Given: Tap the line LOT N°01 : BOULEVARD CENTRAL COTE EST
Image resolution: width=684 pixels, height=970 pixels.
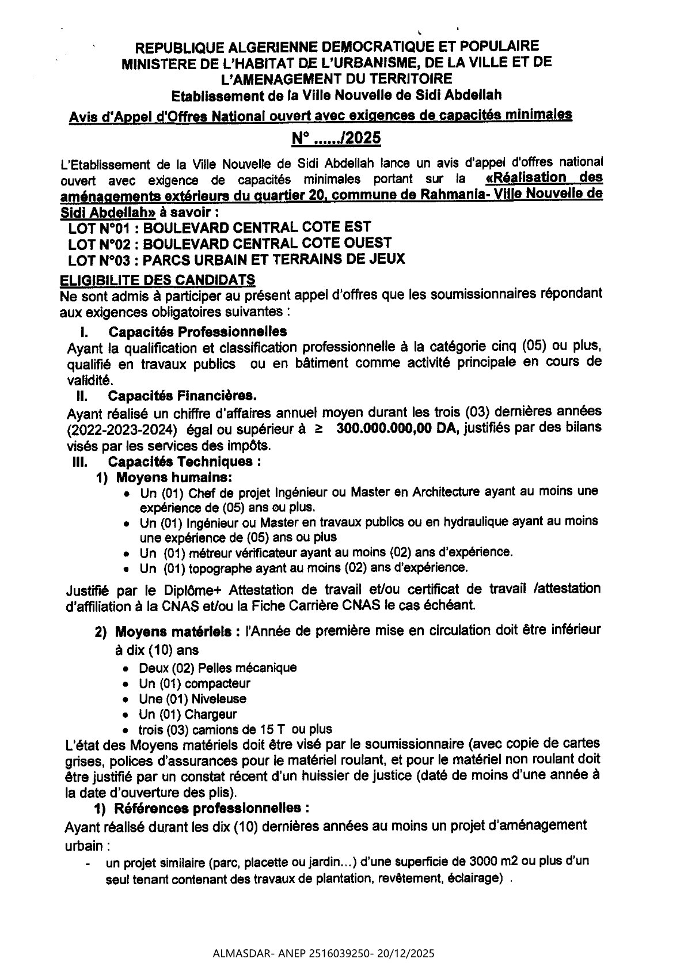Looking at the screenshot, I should [219, 227].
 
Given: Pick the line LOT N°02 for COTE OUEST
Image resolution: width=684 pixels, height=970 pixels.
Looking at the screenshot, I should [230, 242].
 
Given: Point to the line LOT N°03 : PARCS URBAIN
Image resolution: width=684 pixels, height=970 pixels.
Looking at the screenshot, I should [236, 259].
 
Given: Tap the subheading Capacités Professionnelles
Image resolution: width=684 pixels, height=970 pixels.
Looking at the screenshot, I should [197, 332].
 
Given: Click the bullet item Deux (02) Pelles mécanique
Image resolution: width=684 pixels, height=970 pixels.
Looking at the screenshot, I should [218, 668].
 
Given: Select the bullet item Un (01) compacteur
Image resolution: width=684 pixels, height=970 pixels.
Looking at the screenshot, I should [195, 684].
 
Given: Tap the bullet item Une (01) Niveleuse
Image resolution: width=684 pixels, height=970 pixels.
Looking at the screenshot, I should [192, 699].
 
